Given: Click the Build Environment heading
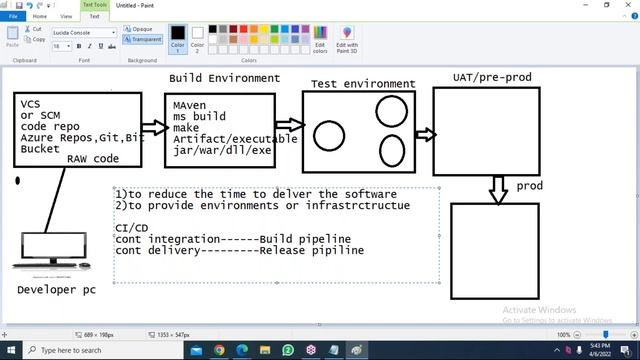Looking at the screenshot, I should pos(224,78).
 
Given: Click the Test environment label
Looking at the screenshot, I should pos(363,84).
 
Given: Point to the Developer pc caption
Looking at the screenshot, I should pos(56,289).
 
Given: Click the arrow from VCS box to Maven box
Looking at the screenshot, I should pos(154,128).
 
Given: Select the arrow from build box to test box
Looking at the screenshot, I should pos(289,126).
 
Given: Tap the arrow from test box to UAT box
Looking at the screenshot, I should pos(425,134).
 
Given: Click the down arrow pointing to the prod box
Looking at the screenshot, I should pos(498,189).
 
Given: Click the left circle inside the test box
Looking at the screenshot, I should pos(329,136).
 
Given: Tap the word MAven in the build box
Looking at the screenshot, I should pos(190,104).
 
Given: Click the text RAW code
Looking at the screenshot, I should pos(93,159).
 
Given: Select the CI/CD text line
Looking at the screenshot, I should pos(131,229).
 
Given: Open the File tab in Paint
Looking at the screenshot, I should pos(13,16).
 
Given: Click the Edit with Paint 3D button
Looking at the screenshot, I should pos(347,39).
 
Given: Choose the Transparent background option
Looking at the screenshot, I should pos(144,39).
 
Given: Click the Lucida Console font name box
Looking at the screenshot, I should pos(81,32).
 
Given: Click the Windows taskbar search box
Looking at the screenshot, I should pos(100,350).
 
